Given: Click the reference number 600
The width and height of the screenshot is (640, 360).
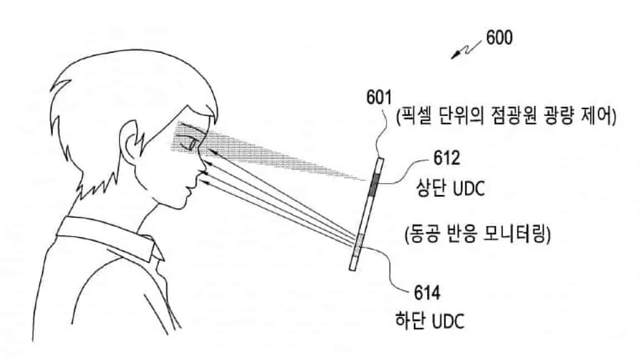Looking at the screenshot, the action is click(499, 38).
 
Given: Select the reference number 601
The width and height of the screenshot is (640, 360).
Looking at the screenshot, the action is click(379, 98).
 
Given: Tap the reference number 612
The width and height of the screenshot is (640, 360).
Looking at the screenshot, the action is click(447, 158).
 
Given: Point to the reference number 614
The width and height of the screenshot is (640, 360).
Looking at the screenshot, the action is click(427, 293).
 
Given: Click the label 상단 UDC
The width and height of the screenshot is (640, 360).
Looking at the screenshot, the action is click(450, 188).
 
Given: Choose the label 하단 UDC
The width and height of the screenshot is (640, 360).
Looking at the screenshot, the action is click(430, 321).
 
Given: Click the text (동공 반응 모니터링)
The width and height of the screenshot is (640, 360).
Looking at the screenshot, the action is click(477, 234).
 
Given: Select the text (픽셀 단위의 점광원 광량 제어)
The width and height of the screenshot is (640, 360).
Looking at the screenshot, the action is click(506, 116).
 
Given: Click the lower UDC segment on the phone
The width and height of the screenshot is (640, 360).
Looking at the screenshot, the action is click(358, 245).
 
